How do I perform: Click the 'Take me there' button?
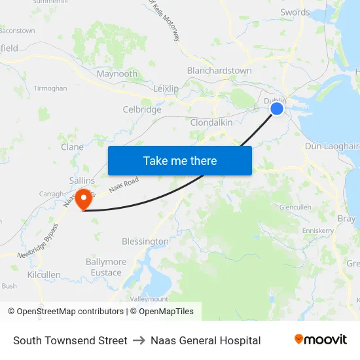coord(180,160)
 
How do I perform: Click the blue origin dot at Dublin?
coord(277,109)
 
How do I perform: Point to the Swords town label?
coord(295,12)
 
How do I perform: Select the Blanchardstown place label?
coord(219,71)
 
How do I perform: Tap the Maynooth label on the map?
coord(117,74)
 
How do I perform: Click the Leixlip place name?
coord(166,88)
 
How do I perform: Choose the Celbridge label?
coord(142,109)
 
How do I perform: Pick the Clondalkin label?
coord(212,122)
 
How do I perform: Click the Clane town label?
coord(72,147)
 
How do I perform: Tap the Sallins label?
coord(82,181)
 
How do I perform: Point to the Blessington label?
coord(145,242)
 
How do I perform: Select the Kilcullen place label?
coord(44,276)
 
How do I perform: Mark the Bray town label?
coord(346,219)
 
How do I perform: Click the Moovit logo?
coord(321,340)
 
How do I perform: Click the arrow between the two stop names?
coord(139,340)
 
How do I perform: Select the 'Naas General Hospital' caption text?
coord(206,340)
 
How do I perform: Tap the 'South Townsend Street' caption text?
coord(70,340)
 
